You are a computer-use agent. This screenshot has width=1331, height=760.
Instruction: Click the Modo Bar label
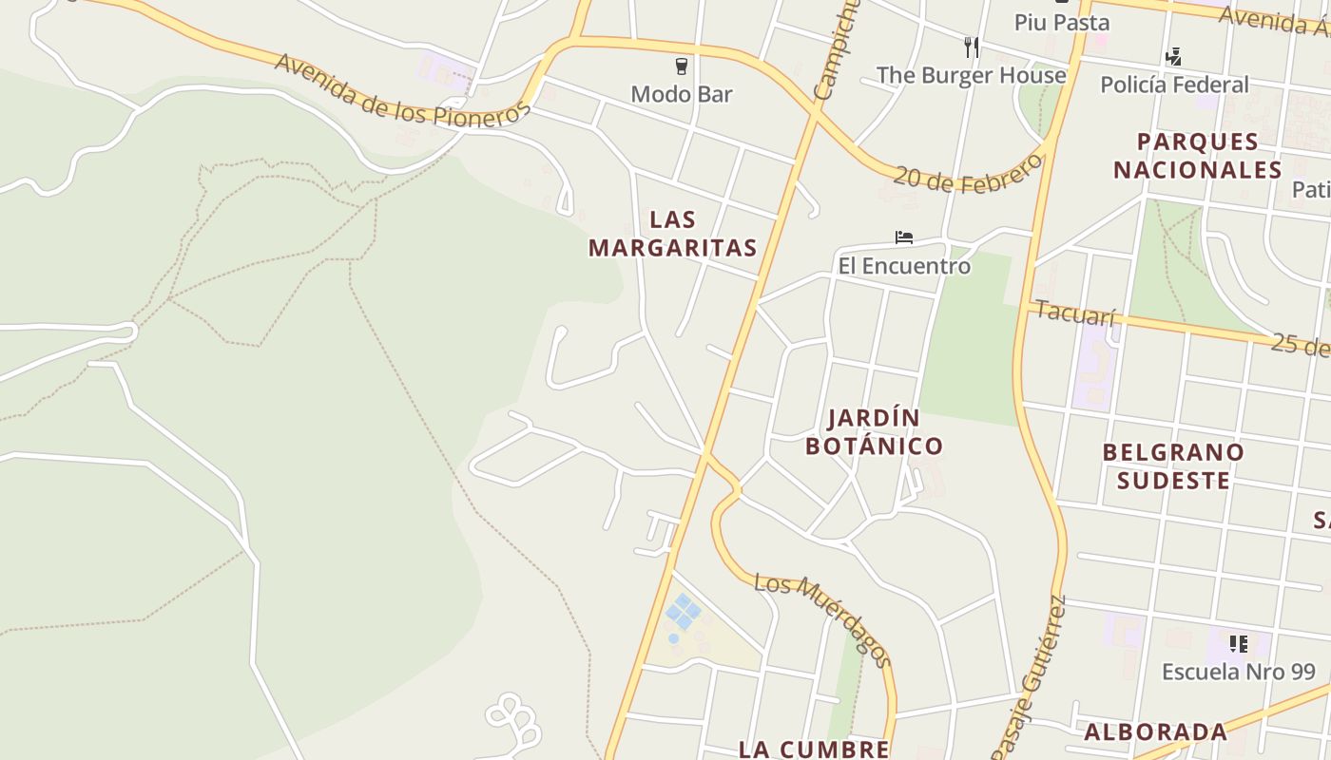tap(682, 94)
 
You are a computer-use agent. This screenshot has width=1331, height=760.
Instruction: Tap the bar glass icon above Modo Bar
tap(682, 66)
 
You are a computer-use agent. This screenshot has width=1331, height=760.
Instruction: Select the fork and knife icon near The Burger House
tap(971, 47)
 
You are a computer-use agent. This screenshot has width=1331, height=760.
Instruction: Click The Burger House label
tap(971, 75)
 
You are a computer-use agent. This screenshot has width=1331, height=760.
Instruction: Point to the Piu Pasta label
tap(1062, 22)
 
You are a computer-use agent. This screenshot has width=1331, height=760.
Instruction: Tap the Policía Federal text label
tap(1174, 85)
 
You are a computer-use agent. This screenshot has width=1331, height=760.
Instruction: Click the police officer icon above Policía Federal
tap(1174, 57)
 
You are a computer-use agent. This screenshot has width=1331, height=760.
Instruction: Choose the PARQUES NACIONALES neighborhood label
tap(1198, 156)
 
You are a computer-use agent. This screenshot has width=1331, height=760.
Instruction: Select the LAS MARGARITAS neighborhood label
tap(673, 234)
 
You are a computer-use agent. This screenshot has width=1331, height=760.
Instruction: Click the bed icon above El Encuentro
tap(904, 237)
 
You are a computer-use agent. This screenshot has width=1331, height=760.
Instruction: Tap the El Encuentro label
tap(904, 266)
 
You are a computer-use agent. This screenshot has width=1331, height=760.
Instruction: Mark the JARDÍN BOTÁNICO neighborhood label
tap(875, 432)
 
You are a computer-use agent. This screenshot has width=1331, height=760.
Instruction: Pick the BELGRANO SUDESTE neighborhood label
tap(1173, 465)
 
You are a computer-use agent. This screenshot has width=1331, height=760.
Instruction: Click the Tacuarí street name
tap(1075, 313)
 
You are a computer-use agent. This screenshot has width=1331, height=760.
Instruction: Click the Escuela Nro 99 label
tap(1238, 672)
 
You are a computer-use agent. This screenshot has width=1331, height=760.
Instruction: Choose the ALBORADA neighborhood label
tap(1156, 731)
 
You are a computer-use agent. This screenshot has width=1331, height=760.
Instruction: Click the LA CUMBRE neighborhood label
tap(814, 749)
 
